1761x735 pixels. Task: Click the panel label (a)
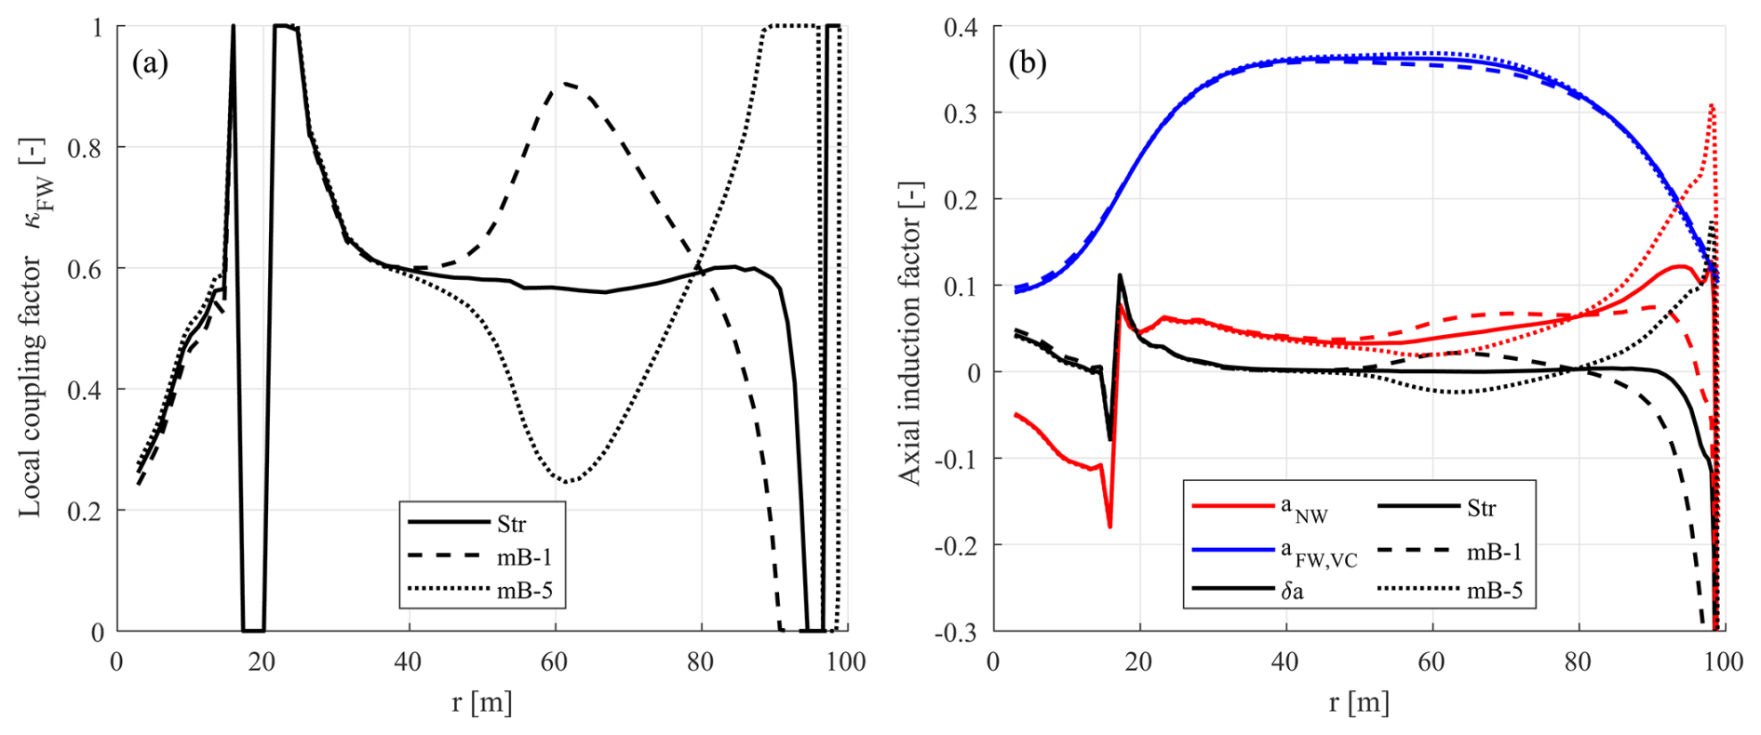coord(150,63)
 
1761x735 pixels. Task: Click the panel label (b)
coord(1027,63)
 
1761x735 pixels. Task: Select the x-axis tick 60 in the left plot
coord(554,662)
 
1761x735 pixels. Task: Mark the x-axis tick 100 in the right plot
coord(1723,662)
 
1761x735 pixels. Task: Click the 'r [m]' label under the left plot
coord(481,702)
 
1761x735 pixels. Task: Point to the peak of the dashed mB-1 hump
coord(565,84)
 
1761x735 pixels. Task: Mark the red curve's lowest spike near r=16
coord(1109,527)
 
